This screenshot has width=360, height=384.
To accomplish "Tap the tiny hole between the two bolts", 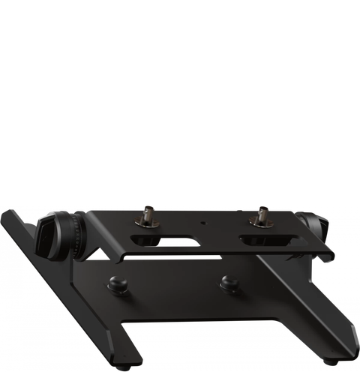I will pyautogui.click(x=201, y=223).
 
